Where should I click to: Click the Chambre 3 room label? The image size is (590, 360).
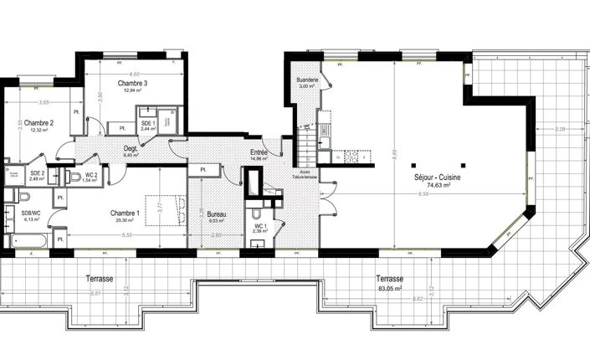pyautogui.click(x=132, y=84)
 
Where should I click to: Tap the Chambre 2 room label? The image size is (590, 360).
pyautogui.click(x=38, y=122)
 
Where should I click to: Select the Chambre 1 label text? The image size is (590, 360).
pyautogui.click(x=126, y=213)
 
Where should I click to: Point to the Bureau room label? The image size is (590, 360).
pyautogui.click(x=217, y=214)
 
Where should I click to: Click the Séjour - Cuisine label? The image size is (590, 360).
pyautogui.click(x=436, y=177)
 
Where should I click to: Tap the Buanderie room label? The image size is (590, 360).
pyautogui.click(x=307, y=80)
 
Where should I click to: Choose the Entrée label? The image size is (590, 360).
pyautogui.click(x=259, y=152)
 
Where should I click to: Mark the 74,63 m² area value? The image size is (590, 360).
pyautogui.click(x=436, y=186)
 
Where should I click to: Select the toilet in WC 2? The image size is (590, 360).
pyautogui.click(x=74, y=177)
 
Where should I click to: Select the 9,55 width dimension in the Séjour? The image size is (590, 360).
pyautogui.click(x=424, y=193)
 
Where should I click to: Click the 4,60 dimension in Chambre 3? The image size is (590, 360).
pyautogui.click(x=135, y=75)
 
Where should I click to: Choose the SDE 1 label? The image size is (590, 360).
pyautogui.click(x=147, y=123)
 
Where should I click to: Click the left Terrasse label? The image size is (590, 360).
pyautogui.click(x=100, y=279)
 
